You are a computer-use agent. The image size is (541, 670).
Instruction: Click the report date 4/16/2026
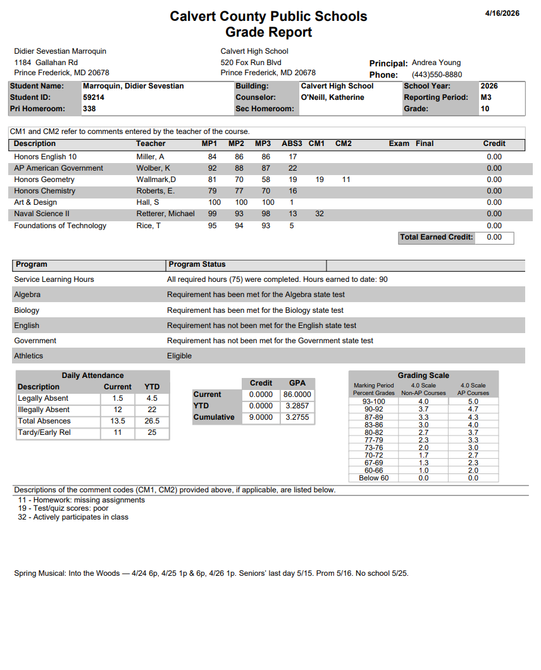click(x=502, y=13)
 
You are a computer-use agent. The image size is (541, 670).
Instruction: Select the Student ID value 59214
click(x=94, y=97)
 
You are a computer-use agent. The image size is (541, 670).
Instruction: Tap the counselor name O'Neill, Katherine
click(x=332, y=97)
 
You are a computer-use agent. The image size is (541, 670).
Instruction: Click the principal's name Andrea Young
click(x=436, y=63)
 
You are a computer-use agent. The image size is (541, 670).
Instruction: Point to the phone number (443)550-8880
click(x=437, y=75)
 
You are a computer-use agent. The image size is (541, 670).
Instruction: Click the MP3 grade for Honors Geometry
click(x=266, y=180)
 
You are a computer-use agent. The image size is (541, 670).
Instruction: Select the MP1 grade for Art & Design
click(x=215, y=202)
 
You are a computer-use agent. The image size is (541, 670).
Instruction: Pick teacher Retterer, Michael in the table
click(x=165, y=214)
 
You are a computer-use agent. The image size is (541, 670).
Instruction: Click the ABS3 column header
click(x=292, y=143)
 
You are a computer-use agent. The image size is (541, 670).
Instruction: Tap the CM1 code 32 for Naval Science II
click(x=320, y=214)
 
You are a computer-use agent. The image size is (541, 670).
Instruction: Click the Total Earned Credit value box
click(x=494, y=237)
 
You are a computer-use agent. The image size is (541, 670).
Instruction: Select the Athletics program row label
click(x=28, y=356)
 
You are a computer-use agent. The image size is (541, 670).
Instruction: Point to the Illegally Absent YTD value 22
click(x=152, y=410)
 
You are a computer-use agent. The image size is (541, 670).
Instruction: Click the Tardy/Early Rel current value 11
click(x=118, y=432)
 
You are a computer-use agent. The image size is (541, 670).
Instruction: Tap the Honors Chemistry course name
click(x=44, y=191)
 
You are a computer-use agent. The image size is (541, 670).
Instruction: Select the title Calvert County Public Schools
click(x=268, y=16)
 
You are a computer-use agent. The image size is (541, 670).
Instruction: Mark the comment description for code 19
click(x=63, y=508)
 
